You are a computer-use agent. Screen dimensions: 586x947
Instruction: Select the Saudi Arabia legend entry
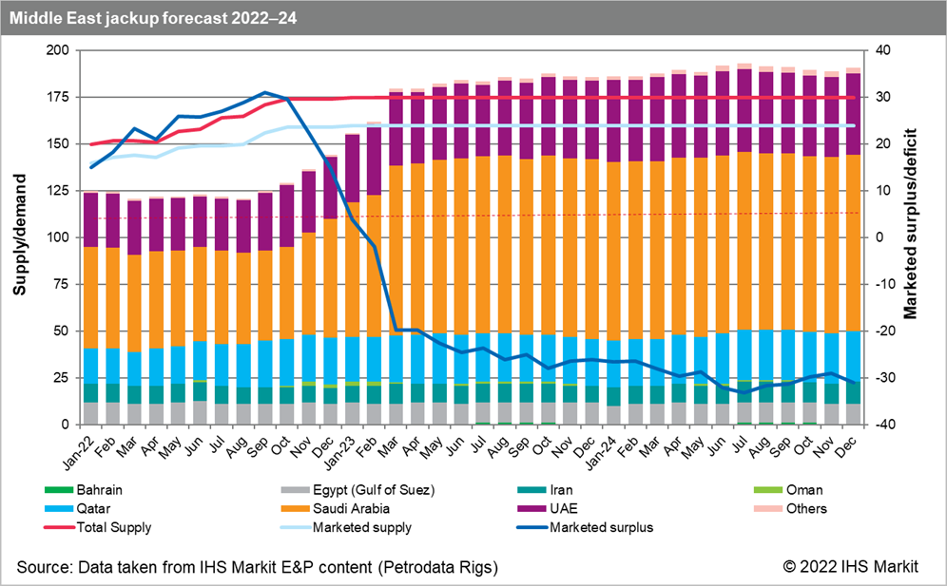349,508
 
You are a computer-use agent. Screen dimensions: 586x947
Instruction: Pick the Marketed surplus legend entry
614,526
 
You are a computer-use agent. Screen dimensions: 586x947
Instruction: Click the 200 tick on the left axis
57,50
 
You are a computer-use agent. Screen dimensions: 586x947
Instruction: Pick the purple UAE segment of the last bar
853,114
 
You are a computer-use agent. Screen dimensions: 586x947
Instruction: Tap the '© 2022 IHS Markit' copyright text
851,567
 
